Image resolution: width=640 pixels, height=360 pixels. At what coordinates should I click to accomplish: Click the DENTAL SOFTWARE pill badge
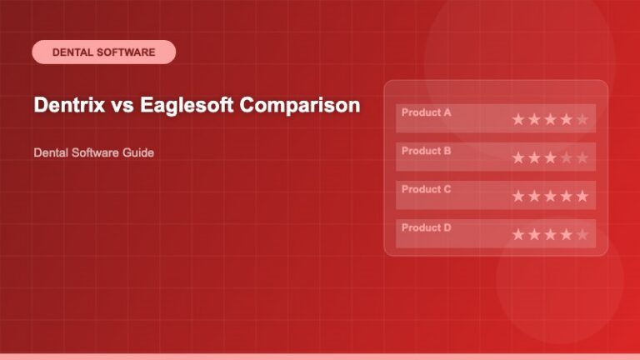point(103,52)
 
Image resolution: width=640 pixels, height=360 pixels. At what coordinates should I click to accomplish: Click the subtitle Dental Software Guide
point(93,153)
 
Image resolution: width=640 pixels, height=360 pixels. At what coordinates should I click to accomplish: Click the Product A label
point(426,112)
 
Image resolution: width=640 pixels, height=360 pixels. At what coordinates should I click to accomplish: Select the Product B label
point(426,151)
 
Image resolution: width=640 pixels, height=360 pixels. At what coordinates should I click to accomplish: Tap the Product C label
point(426,189)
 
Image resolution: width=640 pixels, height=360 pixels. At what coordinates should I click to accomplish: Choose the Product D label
point(426,227)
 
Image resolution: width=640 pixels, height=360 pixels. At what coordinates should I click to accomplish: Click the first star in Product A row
point(518,119)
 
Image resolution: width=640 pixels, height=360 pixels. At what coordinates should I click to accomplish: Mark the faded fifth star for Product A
point(582,119)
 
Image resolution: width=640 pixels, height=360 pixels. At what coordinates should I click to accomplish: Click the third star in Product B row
point(550,157)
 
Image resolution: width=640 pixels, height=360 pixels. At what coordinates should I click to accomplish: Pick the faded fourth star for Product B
point(566,157)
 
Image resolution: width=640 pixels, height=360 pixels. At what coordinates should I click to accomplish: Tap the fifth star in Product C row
point(582,196)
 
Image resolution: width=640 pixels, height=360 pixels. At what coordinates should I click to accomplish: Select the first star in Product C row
point(518,196)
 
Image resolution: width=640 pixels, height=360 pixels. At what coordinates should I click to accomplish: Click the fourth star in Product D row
point(566,234)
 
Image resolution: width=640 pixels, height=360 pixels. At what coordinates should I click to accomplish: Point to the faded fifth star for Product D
point(582,234)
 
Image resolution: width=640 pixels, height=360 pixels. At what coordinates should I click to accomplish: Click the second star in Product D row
point(534,234)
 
